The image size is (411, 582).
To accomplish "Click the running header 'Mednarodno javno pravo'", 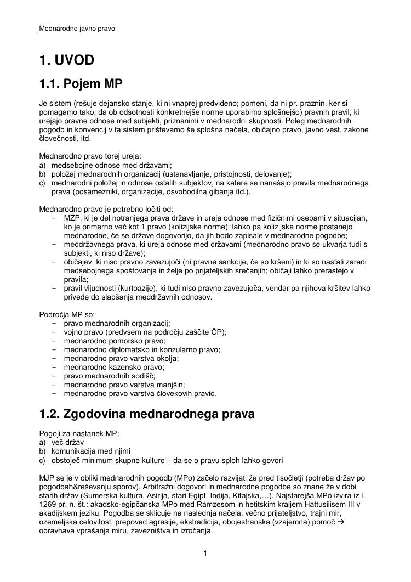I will pos(77,27).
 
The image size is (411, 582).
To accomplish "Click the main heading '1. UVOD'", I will pos(66,60).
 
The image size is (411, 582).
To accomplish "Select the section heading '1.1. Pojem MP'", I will pos(81,84).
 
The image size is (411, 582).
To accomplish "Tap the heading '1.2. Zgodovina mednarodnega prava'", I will pos(147,414).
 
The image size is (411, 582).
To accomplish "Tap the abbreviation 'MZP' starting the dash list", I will pos(72,218).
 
